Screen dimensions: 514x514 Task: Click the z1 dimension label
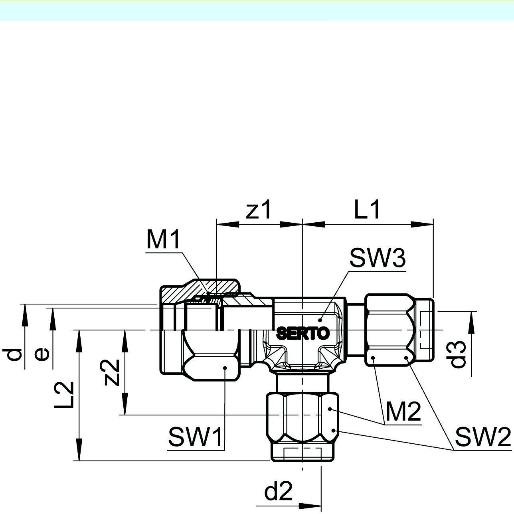click(x=258, y=210)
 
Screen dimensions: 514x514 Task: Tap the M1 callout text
click(x=163, y=240)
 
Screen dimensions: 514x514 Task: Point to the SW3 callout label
click(x=378, y=258)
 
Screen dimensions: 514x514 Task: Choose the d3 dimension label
click(x=458, y=354)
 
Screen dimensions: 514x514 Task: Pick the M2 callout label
click(x=403, y=412)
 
